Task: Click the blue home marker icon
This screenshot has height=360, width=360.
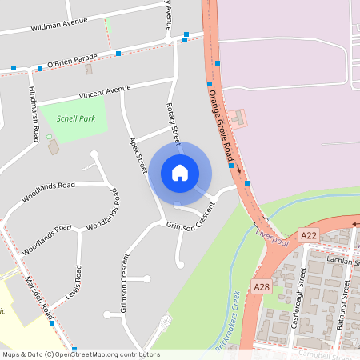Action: click(180, 172)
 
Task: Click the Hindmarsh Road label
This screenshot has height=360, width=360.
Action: click(34, 114)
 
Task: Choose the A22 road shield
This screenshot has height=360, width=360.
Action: click(309, 234)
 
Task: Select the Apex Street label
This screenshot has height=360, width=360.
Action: click(138, 155)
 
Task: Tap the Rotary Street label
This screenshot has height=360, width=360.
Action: click(174, 119)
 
